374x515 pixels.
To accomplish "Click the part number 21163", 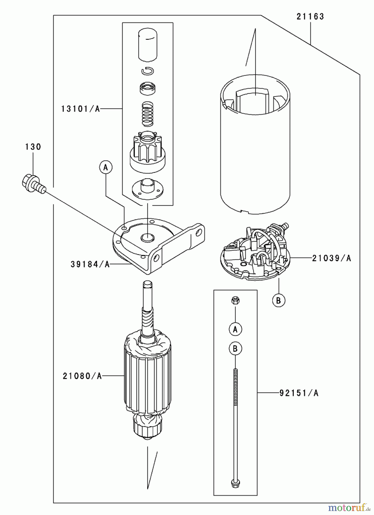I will pyautogui.click(x=310, y=17).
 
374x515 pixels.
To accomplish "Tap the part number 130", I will pyautogui.click(x=33, y=147).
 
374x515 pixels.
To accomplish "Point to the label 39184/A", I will pyautogui.click(x=90, y=264).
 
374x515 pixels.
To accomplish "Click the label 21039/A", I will pyautogui.click(x=331, y=258).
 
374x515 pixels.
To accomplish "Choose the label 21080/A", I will pyautogui.click(x=82, y=376).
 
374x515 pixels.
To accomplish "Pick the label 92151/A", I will pyautogui.click(x=299, y=393).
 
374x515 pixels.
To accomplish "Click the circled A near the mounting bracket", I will pyautogui.click(x=106, y=167).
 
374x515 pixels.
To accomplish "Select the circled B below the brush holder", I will pyautogui.click(x=279, y=300).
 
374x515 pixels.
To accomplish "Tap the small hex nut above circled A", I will pyautogui.click(x=235, y=300).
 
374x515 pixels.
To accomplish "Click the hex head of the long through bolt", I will pyautogui.click(x=235, y=483).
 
